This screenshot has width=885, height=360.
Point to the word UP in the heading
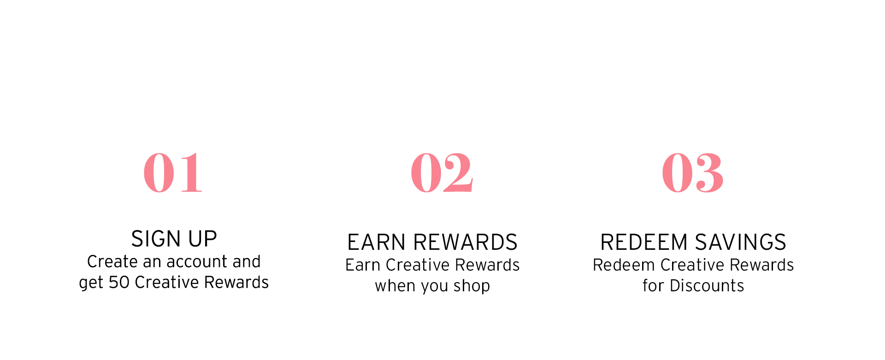202,239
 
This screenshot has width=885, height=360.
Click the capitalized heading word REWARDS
465,242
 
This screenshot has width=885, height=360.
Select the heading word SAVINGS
740,242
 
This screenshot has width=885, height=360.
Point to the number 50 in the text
119,282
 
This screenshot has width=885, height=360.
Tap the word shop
472,286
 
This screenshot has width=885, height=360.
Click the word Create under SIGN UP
112,262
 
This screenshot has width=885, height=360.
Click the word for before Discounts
653,286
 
